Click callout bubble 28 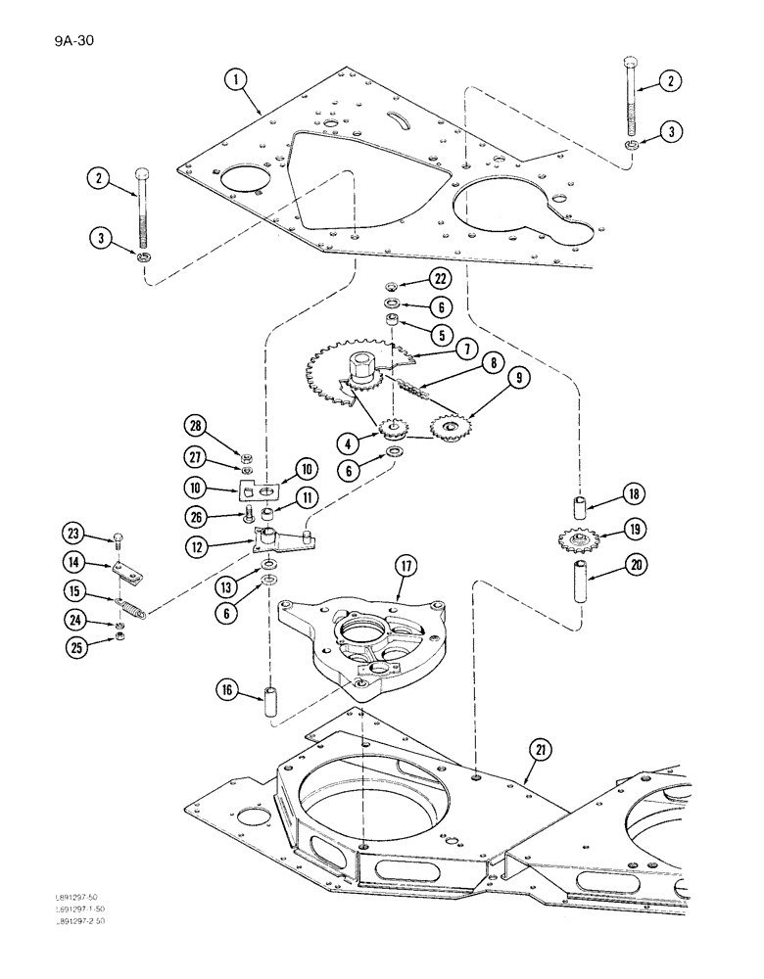(x=196, y=426)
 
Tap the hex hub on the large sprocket (x=363, y=370)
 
